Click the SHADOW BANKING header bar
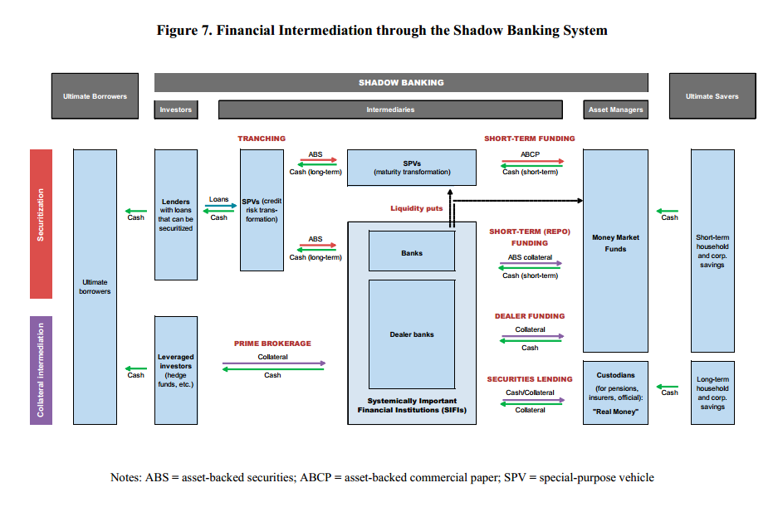401,82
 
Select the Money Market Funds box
615,249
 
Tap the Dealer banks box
412,334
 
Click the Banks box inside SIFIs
412,251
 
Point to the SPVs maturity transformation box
412,168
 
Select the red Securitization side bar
41,224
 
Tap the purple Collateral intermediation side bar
41,370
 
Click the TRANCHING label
262,139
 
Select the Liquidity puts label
417,208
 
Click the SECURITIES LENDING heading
530,379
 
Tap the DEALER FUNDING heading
530,316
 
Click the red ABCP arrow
532,162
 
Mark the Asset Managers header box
615,110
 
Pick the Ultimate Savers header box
712,96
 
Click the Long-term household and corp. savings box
712,392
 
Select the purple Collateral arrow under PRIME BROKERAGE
274,363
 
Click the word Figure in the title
181,31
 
